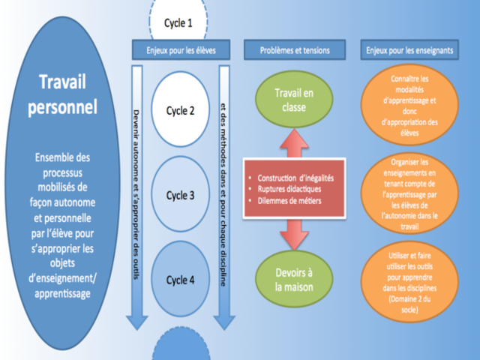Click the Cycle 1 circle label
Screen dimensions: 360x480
pos(178,22)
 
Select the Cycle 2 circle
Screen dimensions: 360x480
pos(180,110)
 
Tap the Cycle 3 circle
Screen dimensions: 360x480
pos(180,195)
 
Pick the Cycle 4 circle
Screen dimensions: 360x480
pos(180,280)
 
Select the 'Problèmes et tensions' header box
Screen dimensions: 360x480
pos(295,51)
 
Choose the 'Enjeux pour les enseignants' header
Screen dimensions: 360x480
pos(409,51)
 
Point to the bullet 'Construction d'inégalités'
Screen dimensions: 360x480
pos(295,178)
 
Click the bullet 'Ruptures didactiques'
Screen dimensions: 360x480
pos(289,189)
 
